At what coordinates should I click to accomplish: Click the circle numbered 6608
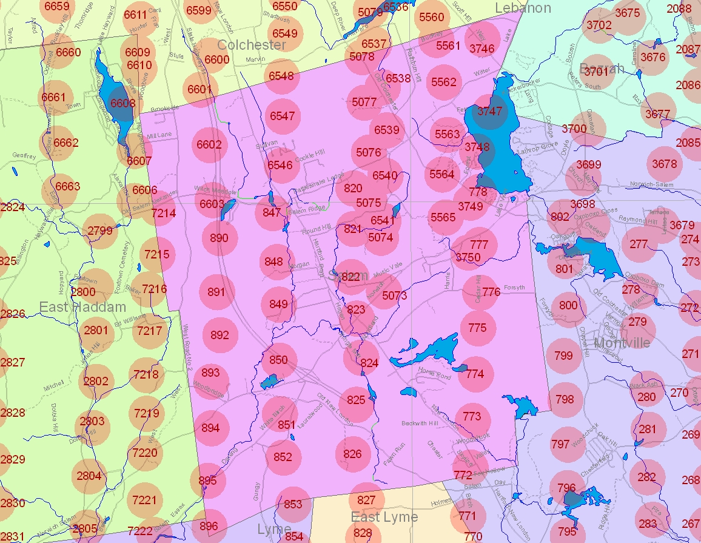pos(122,104)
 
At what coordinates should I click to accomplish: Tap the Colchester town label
pos(252,45)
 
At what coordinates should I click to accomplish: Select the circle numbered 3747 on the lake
pos(490,111)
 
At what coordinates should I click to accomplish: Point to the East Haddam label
pos(83,307)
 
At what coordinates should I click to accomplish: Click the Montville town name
pos(622,343)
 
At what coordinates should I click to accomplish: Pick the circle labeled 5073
pos(395,296)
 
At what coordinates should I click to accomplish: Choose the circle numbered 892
pos(220,335)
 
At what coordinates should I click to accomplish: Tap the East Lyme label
pos(384,517)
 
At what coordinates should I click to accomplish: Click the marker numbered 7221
pos(144,501)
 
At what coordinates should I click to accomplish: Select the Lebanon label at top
pos(523,8)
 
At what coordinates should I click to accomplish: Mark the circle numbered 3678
pos(665,164)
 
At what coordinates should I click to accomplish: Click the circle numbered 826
pos(352,454)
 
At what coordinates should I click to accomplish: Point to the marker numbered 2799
pos(100,231)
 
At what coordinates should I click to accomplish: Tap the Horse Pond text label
pos(434,376)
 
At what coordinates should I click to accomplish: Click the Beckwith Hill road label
pos(420,423)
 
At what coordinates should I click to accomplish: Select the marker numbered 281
pos(647,429)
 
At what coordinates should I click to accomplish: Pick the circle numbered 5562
pos(443,82)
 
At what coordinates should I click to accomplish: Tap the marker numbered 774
pos(475,374)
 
